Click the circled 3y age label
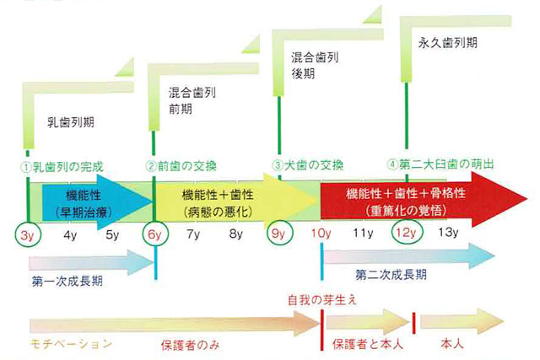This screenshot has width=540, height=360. pos(28,234)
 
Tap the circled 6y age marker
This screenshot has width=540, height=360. pos(155,234)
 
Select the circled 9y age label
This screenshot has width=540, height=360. pos(279,233)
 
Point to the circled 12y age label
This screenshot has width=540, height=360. pos(407,233)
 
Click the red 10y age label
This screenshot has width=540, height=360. pos(321,234)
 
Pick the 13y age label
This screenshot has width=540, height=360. pos(448,233)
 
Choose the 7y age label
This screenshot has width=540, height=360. pos(193,234)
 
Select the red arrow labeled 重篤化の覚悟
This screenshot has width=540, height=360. pos(424,199)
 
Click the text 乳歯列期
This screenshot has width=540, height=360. pos(71,122)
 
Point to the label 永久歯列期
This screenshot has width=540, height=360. pos(448,43)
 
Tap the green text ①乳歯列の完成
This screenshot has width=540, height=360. pos(62,167)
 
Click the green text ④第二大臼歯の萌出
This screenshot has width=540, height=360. pos(440,164)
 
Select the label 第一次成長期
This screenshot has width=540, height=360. pos(67,282)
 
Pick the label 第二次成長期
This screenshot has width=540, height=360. pos(391,275)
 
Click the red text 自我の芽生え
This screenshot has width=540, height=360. pos(322,300)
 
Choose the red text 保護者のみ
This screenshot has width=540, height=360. pos(190,345)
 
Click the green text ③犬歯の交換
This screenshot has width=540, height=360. pos(308,165)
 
